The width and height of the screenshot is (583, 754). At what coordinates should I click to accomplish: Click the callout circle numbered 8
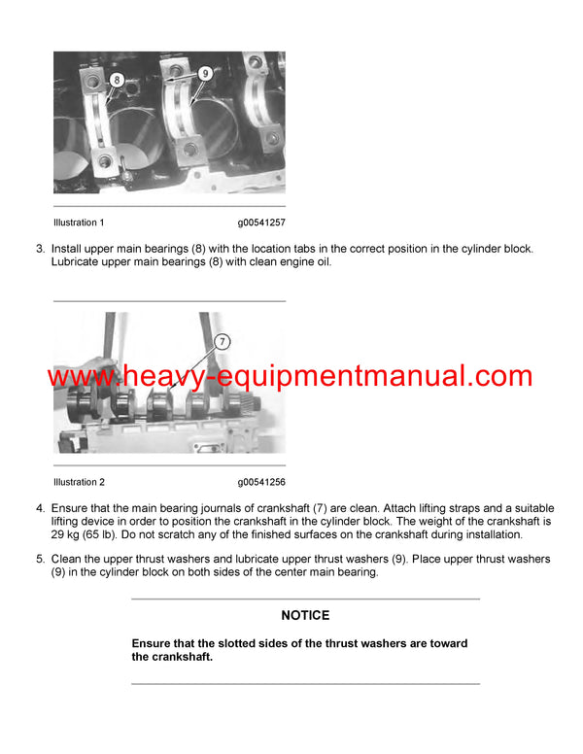click(x=117, y=78)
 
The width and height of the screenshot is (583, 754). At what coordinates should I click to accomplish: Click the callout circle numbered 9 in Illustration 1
click(x=205, y=72)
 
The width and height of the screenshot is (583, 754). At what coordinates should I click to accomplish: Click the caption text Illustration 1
click(x=79, y=223)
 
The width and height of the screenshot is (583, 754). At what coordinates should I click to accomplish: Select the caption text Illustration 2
click(x=79, y=482)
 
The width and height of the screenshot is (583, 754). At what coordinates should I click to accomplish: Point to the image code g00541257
click(x=260, y=223)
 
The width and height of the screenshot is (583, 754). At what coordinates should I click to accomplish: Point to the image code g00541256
click(x=260, y=482)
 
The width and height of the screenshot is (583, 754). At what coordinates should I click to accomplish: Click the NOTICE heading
click(x=305, y=615)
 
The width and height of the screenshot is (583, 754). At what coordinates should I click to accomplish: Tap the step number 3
click(x=40, y=249)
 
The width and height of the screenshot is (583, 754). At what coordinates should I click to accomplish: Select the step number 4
click(x=40, y=508)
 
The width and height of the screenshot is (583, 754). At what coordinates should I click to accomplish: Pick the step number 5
click(x=40, y=560)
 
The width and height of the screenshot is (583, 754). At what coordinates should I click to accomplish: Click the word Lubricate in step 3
click(x=78, y=262)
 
